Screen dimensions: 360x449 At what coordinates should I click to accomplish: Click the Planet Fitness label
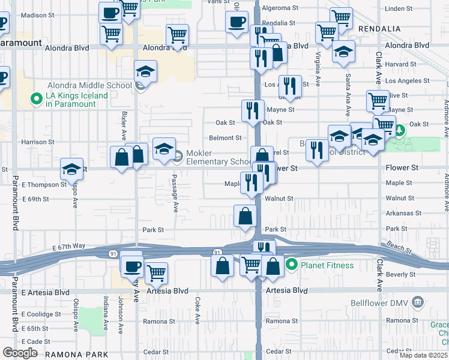tap(327, 265)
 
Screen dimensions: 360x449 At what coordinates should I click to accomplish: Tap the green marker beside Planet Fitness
tap(292, 265)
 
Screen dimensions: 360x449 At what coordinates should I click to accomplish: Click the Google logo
tap(19, 353)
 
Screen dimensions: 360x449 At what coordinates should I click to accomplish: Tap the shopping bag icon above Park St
tap(245, 216)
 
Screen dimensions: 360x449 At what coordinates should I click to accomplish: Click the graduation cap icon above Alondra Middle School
tap(145, 71)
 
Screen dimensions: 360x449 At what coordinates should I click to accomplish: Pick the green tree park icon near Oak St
tap(398, 130)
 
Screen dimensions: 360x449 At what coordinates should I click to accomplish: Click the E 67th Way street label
tap(69, 247)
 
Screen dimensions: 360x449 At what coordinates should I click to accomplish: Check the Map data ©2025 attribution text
tap(424, 355)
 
